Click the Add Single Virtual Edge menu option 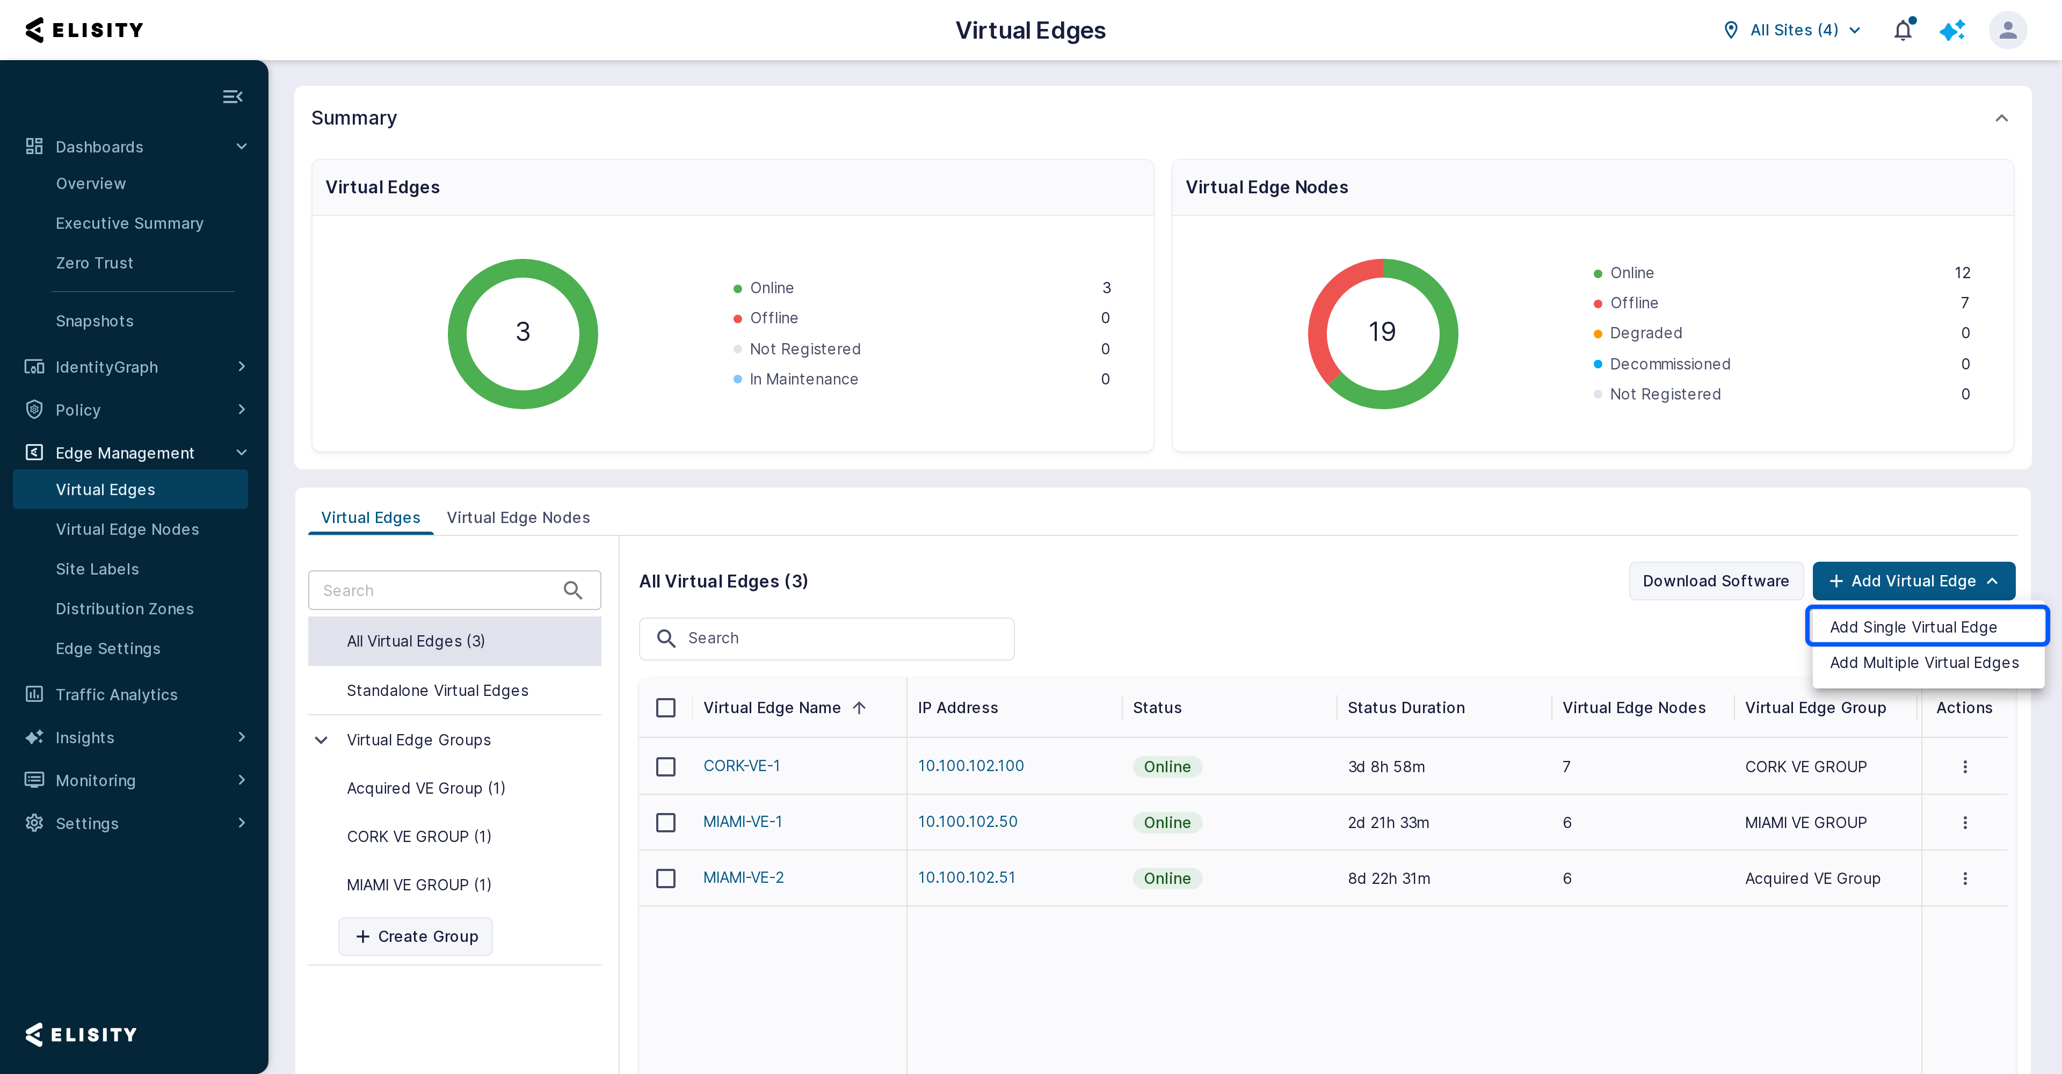[x=1913, y=627]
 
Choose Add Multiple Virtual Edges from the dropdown [x=1925, y=663]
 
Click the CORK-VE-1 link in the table [x=741, y=765]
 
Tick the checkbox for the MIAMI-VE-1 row [x=665, y=822]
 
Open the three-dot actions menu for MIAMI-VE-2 [x=1964, y=878]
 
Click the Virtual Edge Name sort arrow [x=859, y=707]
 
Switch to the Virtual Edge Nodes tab [x=518, y=517]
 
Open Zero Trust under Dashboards [x=95, y=263]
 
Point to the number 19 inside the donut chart [x=1382, y=331]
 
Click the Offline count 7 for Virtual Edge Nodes [x=1964, y=302]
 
